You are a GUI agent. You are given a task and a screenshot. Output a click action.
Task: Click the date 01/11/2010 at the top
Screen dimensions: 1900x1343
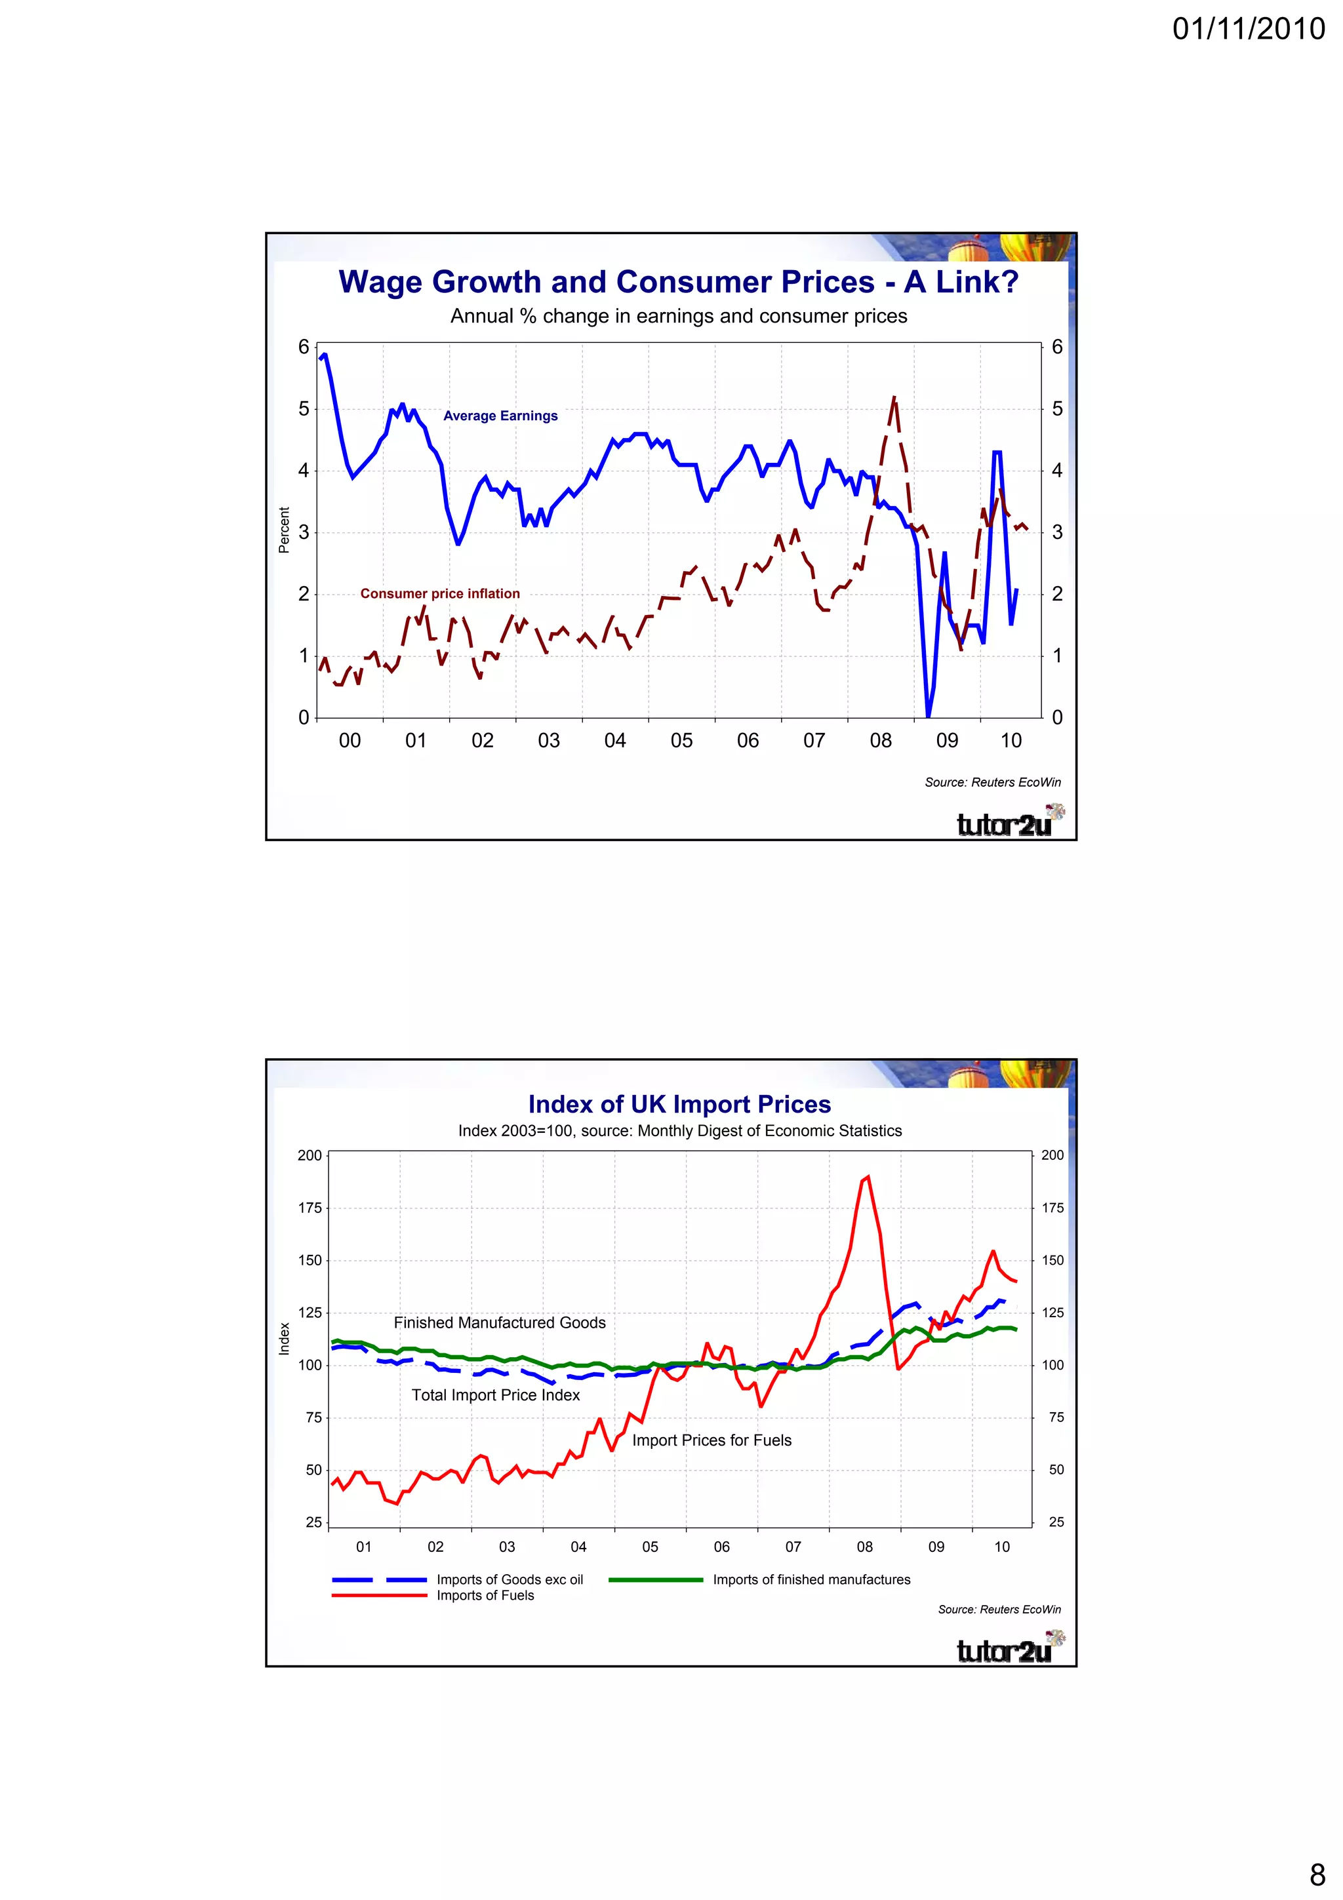[x=1248, y=29]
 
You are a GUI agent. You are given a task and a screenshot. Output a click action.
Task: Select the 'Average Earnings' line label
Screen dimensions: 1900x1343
[x=500, y=416]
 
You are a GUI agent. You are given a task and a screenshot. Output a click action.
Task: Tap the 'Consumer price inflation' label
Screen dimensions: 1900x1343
[x=439, y=593]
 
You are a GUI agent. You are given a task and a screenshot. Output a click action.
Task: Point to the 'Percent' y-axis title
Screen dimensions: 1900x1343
[x=284, y=530]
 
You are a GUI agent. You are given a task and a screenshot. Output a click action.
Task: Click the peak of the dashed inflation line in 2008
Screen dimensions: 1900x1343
[x=894, y=398]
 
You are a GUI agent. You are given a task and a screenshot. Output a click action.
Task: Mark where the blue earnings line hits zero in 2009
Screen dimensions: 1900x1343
[x=928, y=716]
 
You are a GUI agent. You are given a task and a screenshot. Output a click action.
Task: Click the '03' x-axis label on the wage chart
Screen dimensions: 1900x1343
[x=549, y=741]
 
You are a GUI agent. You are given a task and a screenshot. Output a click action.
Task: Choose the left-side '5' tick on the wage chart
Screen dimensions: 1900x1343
[x=304, y=409]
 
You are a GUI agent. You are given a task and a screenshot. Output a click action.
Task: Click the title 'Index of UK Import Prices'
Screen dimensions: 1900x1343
[x=679, y=1104]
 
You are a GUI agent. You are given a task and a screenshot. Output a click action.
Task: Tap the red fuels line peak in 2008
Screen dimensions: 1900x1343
[x=866, y=1177]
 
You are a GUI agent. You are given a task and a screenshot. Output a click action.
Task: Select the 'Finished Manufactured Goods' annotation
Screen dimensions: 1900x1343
[x=499, y=1322]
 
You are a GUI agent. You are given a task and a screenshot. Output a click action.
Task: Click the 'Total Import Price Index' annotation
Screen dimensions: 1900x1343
[x=496, y=1395]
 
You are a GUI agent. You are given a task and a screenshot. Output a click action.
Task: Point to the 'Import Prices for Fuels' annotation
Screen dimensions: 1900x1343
[x=711, y=1440]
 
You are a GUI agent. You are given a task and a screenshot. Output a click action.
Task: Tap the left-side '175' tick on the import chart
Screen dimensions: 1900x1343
[x=310, y=1208]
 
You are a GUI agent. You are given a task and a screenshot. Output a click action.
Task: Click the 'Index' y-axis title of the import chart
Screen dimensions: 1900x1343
[x=284, y=1338]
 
